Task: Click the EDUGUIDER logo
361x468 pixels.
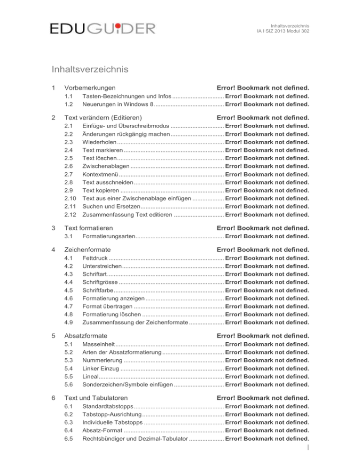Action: (x=102, y=29)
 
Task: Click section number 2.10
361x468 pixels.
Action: (x=70, y=198)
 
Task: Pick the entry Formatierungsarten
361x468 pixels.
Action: (x=109, y=236)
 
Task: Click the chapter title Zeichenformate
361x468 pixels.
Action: (x=87, y=250)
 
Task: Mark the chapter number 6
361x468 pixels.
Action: (x=54, y=398)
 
